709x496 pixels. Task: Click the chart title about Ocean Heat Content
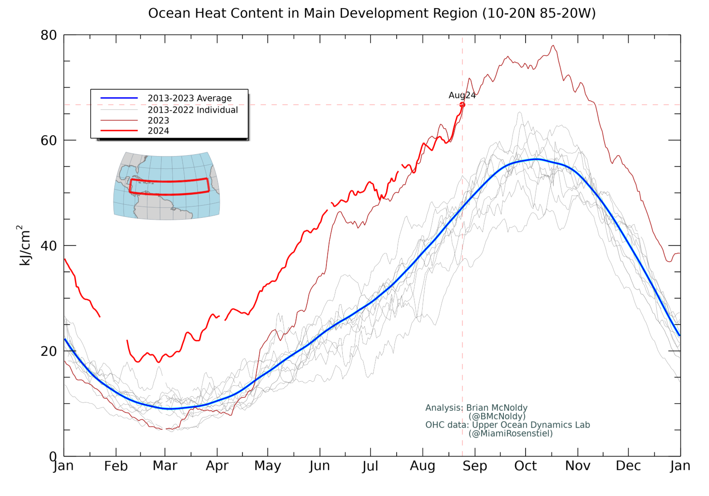pos(372,13)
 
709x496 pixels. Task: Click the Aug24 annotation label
pos(462,95)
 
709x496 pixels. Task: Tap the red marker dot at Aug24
pos(462,105)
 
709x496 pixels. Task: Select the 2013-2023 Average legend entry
pos(189,98)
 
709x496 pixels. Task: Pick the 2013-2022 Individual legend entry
pos(192,110)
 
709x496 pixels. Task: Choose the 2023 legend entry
pos(158,121)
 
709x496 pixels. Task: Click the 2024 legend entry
pos(158,131)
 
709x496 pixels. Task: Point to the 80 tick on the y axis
pos(49,35)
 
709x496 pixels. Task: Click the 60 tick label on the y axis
pos(49,141)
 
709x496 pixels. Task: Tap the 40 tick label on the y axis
pos(49,246)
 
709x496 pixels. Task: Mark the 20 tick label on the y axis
pos(49,351)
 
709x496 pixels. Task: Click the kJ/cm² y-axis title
pos(25,245)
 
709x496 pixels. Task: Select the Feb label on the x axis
pos(116,466)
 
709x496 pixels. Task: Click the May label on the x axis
pos(267,466)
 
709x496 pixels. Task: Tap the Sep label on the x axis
pos(475,466)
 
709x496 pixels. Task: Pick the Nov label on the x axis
pos(577,466)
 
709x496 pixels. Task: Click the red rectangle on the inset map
pos(169,181)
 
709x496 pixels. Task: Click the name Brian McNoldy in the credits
pos(497,408)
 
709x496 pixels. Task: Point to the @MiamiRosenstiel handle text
pos(511,433)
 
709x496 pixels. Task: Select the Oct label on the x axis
pos(525,466)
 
